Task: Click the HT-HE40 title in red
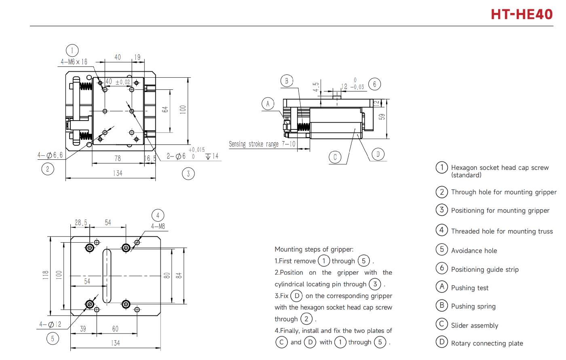522,14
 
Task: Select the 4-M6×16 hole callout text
74,62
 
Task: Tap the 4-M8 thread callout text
158,227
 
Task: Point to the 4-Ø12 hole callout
50,324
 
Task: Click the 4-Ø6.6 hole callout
50,155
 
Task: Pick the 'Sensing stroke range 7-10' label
262,144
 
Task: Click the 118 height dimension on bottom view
46,275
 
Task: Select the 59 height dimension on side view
382,117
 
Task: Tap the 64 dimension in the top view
165,109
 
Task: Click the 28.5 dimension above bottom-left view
81,222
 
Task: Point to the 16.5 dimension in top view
150,159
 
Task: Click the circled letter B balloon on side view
286,81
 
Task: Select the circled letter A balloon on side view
268,104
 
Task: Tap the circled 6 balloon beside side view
375,84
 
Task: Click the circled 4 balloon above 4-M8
158,215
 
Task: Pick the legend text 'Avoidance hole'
474,251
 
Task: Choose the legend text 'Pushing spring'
473,307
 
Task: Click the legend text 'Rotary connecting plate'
487,343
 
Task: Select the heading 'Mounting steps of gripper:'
314,249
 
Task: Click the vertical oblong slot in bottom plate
107,276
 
